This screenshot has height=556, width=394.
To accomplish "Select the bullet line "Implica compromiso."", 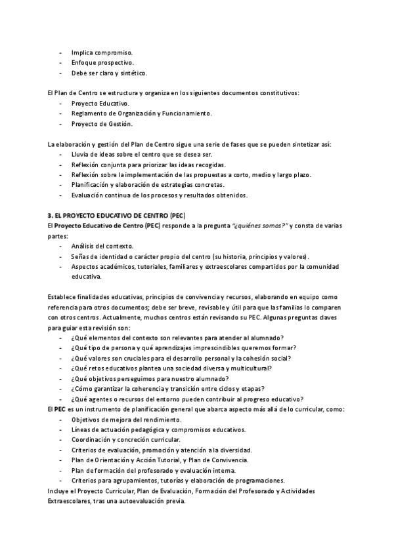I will tap(102, 52).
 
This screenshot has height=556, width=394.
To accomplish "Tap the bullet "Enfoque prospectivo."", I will tap(103, 62).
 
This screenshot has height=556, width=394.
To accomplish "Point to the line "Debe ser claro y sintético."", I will tap(109, 73).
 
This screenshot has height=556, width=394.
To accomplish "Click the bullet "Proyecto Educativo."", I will tap(100, 103).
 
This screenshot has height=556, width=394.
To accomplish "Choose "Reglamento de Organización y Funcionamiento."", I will tap(141, 113).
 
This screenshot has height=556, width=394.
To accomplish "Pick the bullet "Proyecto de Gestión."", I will tap(102, 124).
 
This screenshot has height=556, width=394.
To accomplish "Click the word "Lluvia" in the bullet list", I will tap(80, 154).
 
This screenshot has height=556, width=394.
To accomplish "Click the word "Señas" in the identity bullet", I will tap(80, 256).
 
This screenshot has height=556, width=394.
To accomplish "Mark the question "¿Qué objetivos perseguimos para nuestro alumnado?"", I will tap(150, 378).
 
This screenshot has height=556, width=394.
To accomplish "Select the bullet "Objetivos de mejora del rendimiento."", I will tap(126, 420).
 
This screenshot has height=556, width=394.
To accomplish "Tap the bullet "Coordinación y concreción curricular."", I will tap(125, 440).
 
